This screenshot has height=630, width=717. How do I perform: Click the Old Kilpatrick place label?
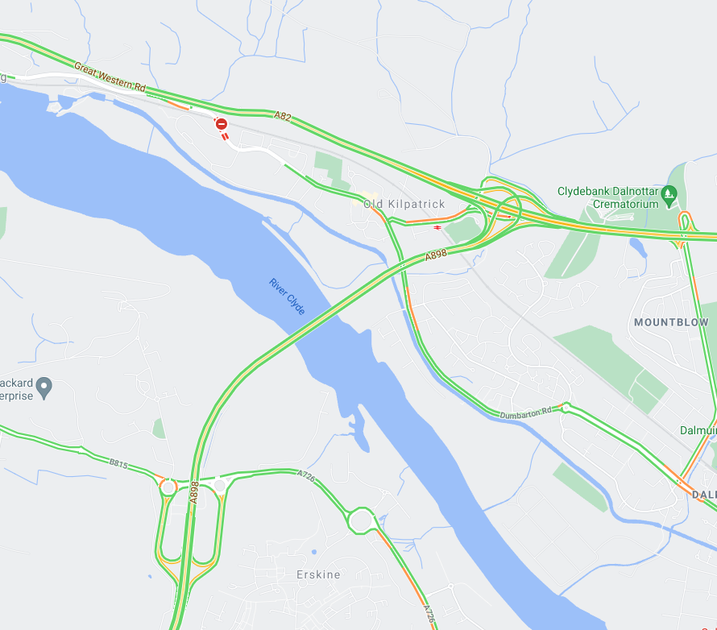click(404, 204)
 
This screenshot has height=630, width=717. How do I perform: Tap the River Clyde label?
click(288, 296)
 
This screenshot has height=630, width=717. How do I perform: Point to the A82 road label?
click(282, 116)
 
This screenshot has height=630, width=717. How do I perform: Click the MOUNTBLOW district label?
click(671, 322)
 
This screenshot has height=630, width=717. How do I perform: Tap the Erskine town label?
click(318, 575)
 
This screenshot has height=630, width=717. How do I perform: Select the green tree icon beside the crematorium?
click(668, 193)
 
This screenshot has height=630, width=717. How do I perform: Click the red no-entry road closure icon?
click(221, 124)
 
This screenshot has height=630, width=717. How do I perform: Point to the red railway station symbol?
click(437, 228)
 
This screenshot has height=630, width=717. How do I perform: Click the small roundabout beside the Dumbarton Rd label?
click(566, 406)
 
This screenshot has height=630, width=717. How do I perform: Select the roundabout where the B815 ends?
click(168, 487)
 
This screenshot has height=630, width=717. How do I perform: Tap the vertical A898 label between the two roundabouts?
click(194, 493)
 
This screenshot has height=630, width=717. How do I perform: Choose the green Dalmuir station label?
click(698, 430)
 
